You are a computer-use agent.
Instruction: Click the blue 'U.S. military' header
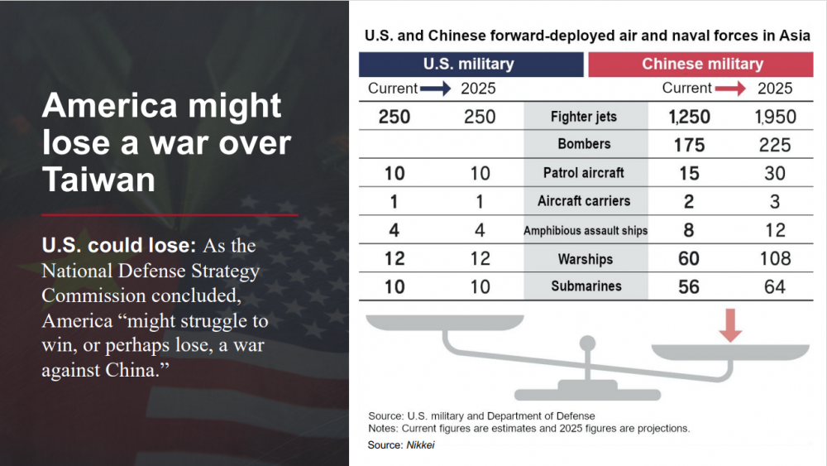(469, 64)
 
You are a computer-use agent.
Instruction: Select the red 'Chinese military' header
(702, 64)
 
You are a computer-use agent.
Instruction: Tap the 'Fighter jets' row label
(584, 117)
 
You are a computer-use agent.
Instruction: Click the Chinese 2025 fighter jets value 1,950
(775, 117)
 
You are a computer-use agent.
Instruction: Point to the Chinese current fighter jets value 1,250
(689, 117)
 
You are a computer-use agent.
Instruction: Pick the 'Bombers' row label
(584, 144)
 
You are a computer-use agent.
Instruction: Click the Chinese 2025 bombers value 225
(775, 145)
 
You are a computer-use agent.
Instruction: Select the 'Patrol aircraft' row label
(584, 173)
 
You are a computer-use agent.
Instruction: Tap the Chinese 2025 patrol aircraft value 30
(775, 173)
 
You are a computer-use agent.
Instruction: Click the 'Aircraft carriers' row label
(584, 201)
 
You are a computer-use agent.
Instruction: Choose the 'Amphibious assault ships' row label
(586, 231)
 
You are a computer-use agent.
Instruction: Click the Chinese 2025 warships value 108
(775, 259)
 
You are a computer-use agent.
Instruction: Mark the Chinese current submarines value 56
(689, 287)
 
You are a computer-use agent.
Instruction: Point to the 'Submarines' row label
(584, 287)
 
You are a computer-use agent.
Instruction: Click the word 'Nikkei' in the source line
(419, 445)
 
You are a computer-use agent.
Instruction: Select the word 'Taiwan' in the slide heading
(98, 179)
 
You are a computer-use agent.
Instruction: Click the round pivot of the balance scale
(587, 343)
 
